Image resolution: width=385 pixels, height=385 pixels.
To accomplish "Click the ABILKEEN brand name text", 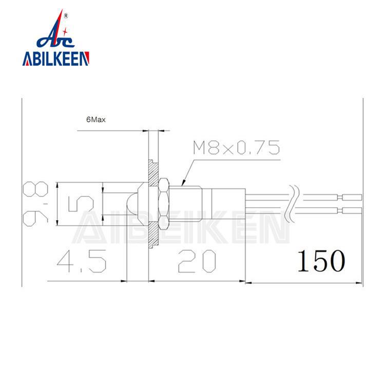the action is pyautogui.click(x=56, y=59).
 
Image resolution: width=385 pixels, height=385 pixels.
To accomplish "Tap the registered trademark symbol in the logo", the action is pyautogui.click(x=66, y=16).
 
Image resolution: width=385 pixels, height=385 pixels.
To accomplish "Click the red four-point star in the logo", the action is pyautogui.click(x=65, y=32).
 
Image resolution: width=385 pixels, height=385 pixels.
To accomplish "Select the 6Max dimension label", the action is pyautogui.click(x=96, y=120).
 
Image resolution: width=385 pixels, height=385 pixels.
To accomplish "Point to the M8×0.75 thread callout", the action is pyautogui.click(x=237, y=147).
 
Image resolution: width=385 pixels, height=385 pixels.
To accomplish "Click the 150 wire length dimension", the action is pyautogui.click(x=321, y=260).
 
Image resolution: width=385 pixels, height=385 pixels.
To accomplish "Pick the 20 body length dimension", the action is pyautogui.click(x=197, y=261).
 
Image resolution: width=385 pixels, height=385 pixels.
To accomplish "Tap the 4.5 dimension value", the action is pyautogui.click(x=82, y=261).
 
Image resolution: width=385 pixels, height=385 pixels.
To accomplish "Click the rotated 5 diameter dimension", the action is pyautogui.click(x=81, y=204).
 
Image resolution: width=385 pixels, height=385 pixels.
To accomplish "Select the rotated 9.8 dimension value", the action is pyautogui.click(x=35, y=204).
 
